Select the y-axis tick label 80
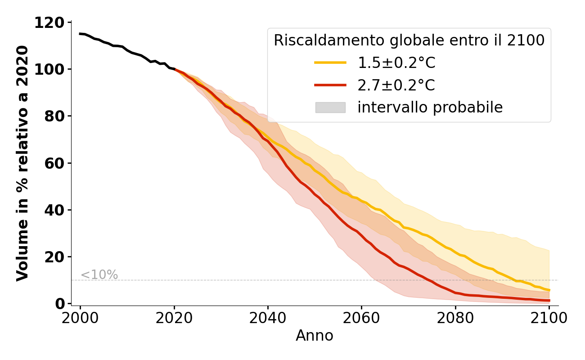pos(54,116)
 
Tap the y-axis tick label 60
pos(54,163)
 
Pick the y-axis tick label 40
pos(54,210)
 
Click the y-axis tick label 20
pos(54,256)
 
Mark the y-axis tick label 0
pos(60,304)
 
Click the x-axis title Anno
pos(315,336)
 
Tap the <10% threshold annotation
pos(99,275)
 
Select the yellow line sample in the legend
pos(330,63)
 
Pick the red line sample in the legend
pos(330,85)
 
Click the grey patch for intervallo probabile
pos(330,108)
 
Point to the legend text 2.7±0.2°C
pos(396,85)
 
